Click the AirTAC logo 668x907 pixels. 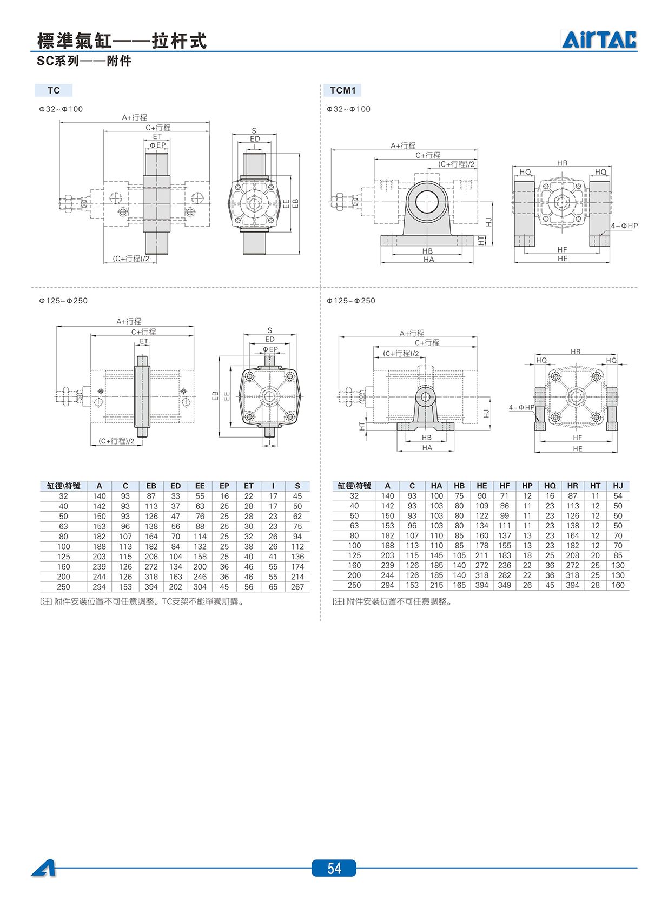point(599,39)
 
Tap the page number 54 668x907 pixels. point(334,868)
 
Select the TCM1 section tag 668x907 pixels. point(342,90)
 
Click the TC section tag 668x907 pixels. point(54,90)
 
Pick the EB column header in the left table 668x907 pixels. point(151,486)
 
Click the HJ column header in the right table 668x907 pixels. point(618,486)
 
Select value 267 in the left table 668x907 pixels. point(297,587)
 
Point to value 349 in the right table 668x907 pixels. point(505,585)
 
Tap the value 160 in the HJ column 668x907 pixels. point(618,585)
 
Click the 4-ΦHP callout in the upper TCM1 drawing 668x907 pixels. point(624,226)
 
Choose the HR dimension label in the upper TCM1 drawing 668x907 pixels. point(563,163)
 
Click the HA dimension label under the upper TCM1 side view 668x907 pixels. point(429,259)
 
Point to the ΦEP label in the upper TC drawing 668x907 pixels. point(158,145)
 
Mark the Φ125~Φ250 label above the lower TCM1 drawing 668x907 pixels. point(351,301)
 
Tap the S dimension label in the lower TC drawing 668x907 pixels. point(270,330)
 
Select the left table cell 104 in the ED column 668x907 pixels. point(175,557)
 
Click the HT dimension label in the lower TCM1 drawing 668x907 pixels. point(362,426)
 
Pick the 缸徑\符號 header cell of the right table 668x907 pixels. point(354,486)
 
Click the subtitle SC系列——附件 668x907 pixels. point(84,61)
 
